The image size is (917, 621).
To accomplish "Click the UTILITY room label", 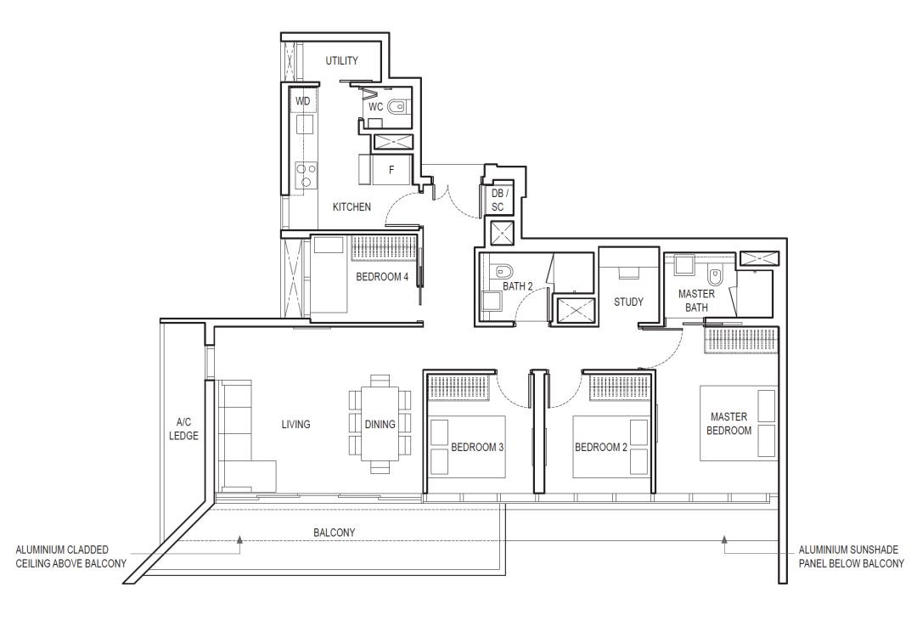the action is pos(341,60).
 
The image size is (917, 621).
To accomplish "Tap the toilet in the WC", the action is pos(397,107).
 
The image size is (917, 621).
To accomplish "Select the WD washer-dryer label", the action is pos(303,101).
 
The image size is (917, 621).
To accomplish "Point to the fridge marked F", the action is pos(391,170).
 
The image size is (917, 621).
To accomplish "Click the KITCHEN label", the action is pos(352,206).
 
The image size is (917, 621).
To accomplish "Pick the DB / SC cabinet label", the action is pos(498,200).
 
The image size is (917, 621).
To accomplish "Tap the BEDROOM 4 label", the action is pos(382,277).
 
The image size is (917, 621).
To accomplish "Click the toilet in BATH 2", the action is pos(503,271).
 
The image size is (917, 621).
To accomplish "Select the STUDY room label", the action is pos(628,302).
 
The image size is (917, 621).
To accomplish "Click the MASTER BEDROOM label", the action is pos(729,423).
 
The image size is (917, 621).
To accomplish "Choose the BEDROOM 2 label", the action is pos(601,447).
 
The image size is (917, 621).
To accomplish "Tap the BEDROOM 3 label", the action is pos(477,447).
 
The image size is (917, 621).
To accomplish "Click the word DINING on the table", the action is pos(380,425).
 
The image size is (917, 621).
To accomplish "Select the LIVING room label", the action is pos(296,425).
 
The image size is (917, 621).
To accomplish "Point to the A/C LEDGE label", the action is pos(183,428).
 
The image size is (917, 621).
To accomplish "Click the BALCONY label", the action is pos(334,533).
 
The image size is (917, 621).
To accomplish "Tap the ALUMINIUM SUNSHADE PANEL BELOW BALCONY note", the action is pos(852,556).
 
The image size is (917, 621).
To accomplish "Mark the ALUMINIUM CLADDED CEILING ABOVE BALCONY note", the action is pos(70,556).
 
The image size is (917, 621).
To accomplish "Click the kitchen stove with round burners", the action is pos(307,176).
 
